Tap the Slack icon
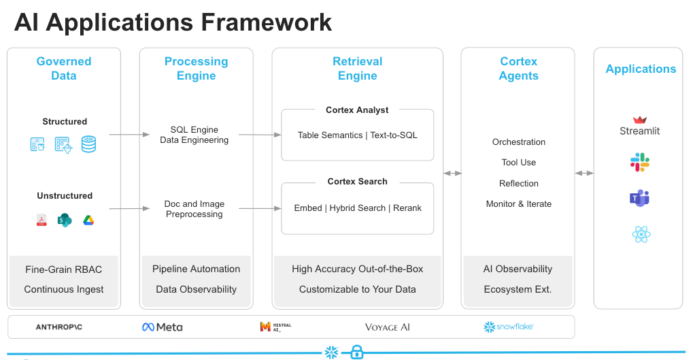pos(639,162)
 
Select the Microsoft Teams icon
pos(639,198)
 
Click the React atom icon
pos(641,235)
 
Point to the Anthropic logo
pos(58,327)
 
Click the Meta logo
pos(162,327)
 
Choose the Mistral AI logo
pos(275,327)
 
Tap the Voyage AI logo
pos(388,327)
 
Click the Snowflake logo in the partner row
pos(509,327)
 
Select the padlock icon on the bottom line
pos(356,352)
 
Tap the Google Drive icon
pos(88,220)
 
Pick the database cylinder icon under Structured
pos(88,144)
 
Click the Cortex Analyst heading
pos(357,110)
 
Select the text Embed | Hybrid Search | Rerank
pos(357,208)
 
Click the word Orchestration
pos(518,142)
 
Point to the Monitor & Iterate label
pos(518,204)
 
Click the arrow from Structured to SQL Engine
pos(129,135)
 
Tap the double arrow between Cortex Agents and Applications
pos(584,174)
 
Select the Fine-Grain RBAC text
pos(63,269)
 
